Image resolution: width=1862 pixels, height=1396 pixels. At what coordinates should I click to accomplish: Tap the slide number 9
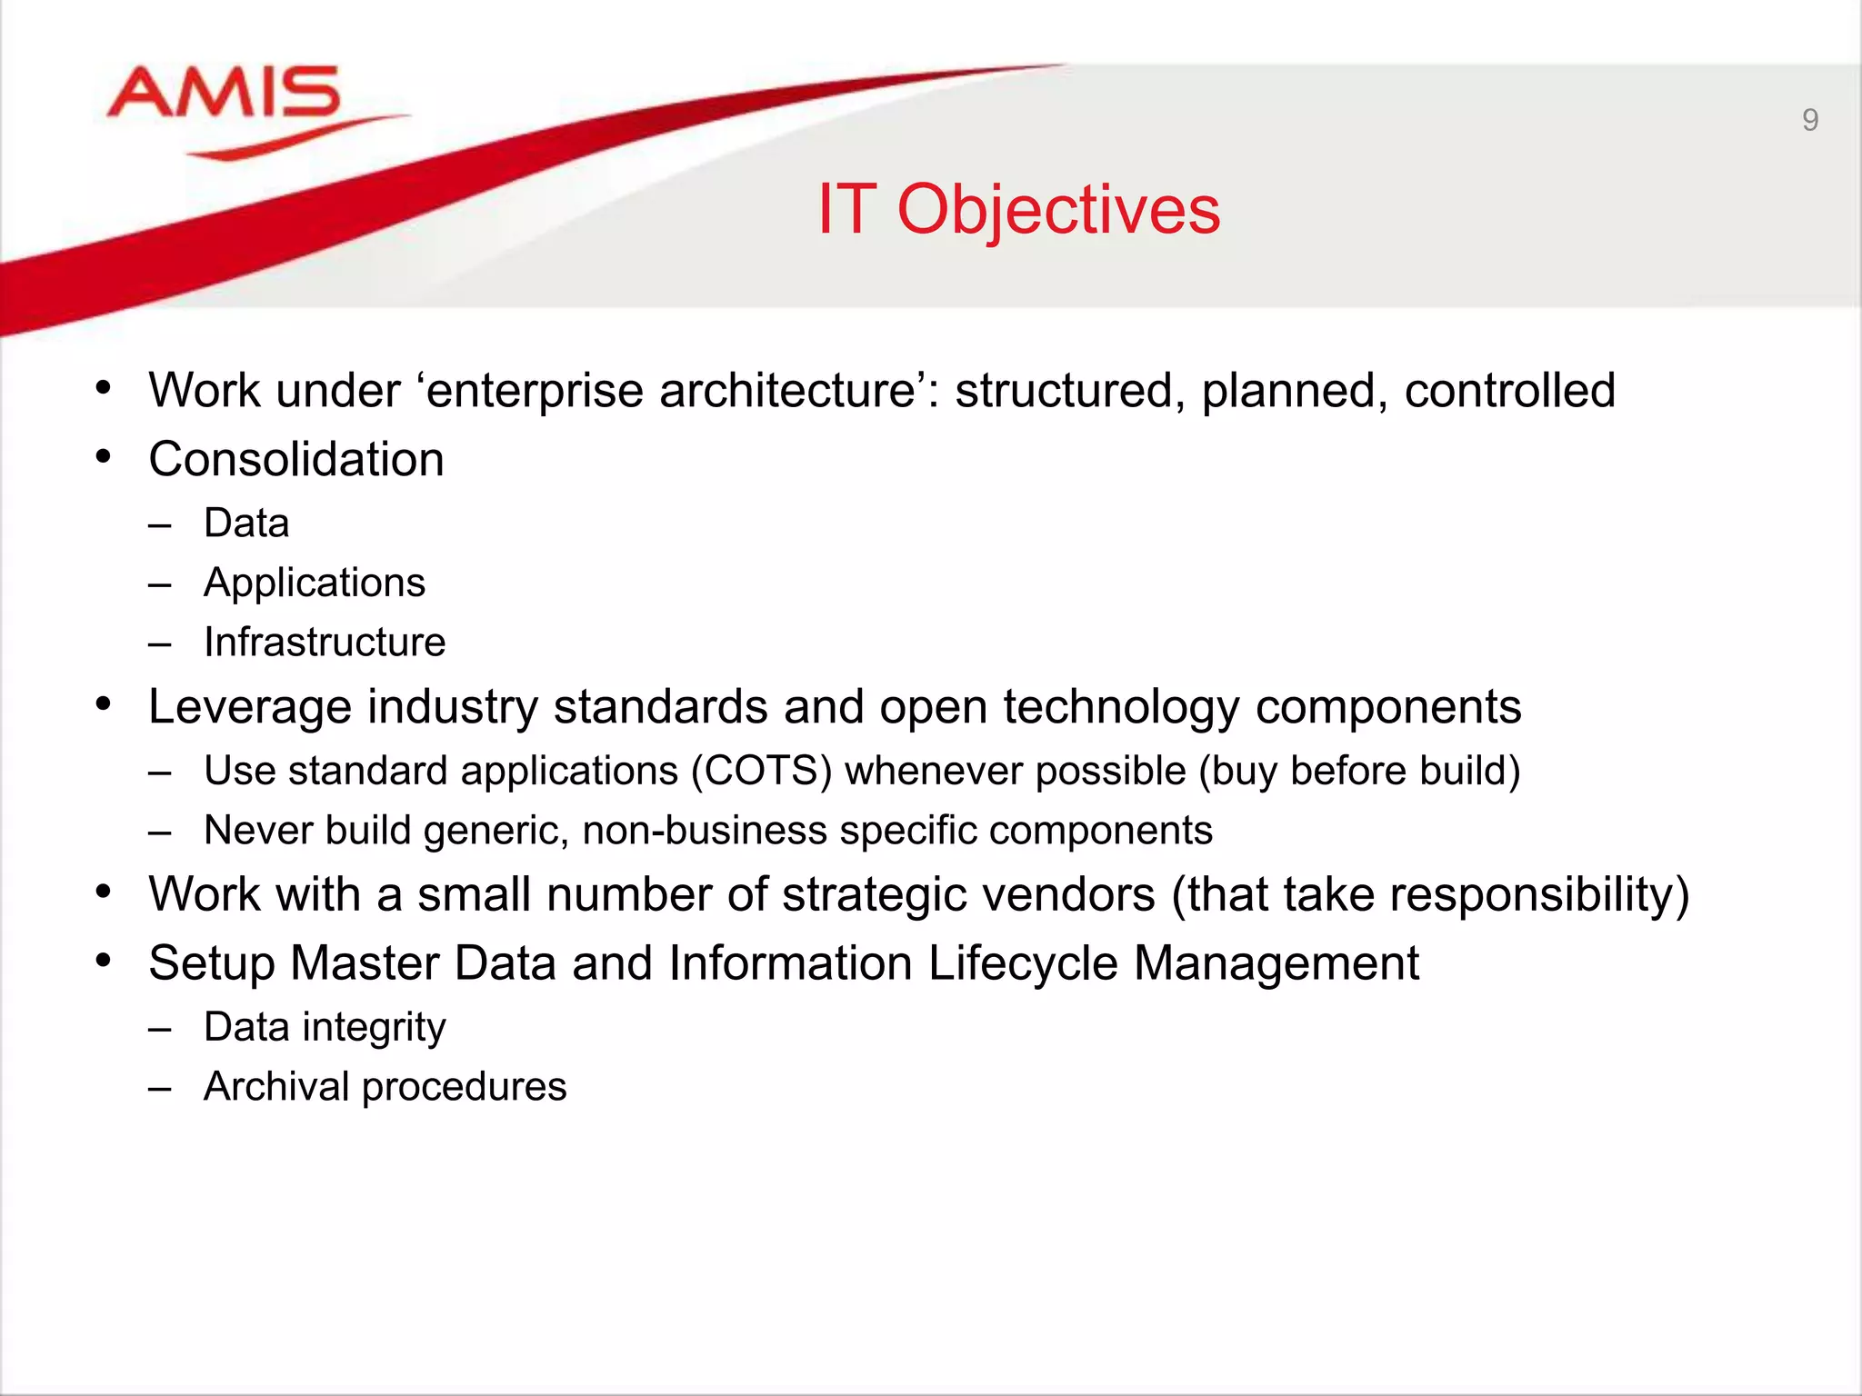coord(1809,120)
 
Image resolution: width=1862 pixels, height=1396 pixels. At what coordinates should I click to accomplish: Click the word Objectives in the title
coord(1058,210)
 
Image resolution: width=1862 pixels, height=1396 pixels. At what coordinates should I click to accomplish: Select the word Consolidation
coord(296,459)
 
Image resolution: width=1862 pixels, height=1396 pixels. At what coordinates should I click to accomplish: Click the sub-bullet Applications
coord(315,583)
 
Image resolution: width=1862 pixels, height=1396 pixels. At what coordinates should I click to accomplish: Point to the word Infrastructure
coord(325,643)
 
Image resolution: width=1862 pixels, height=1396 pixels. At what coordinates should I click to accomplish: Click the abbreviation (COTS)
coord(761,771)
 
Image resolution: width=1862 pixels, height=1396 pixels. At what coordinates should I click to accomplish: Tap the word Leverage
coord(249,707)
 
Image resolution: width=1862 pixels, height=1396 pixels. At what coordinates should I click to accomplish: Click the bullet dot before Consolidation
coord(104,456)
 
